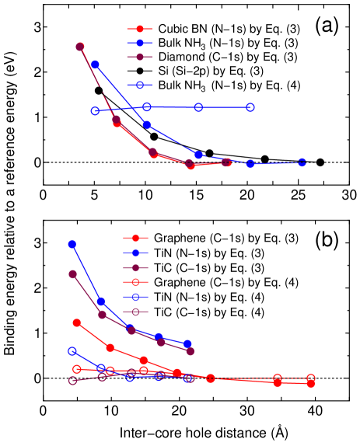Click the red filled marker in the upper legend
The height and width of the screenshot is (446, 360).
140,29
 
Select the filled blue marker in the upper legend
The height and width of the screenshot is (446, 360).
140,43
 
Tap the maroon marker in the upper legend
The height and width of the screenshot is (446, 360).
140,57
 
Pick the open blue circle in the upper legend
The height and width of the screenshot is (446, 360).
140,85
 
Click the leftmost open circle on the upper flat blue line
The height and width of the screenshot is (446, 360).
95,110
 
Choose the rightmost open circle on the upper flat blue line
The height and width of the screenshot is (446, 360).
250,107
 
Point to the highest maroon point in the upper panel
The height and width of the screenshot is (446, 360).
80,47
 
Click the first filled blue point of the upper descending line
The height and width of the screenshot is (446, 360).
95,64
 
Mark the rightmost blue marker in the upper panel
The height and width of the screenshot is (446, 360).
302,162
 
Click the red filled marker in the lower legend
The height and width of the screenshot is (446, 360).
135,238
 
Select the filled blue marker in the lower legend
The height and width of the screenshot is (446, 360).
135,253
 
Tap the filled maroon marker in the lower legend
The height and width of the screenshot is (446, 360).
135,267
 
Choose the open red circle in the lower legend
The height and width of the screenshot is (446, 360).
135,282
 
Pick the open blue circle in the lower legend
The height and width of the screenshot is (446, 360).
135,297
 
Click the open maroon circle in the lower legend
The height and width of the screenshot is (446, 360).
135,312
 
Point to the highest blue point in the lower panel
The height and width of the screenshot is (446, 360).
72,244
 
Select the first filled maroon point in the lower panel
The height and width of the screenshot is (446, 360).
72,274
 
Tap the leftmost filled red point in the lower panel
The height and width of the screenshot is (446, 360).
76,322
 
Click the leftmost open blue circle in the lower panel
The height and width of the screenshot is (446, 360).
72,351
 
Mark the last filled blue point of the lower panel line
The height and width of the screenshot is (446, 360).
187,343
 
